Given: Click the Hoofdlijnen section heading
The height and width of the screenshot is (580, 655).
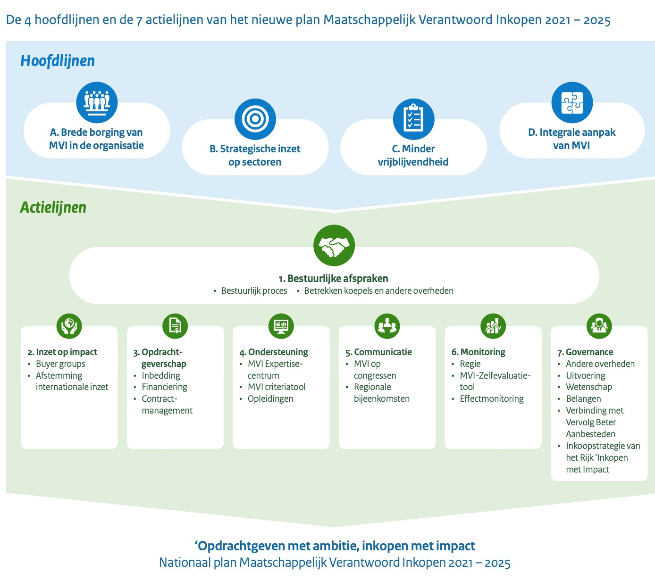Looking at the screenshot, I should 58,61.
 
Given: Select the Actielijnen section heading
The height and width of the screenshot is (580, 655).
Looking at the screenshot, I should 53,207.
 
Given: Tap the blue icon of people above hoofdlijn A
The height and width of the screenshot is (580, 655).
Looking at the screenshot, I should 97,102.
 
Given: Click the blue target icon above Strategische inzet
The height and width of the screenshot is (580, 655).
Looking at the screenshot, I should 255,119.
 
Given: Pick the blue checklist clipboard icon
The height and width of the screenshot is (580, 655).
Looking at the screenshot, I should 413,119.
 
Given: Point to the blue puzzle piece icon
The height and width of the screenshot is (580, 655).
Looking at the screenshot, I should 572,103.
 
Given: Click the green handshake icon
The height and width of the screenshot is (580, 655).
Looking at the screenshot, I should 334,246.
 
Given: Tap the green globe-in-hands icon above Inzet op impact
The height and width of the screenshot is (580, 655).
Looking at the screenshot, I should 69,325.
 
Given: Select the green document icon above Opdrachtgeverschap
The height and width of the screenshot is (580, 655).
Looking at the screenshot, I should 175,325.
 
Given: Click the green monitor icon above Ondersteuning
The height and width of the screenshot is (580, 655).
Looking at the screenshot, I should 281,325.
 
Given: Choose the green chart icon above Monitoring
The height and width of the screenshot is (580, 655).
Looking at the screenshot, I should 493,325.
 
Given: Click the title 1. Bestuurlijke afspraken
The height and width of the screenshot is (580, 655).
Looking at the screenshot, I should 333,279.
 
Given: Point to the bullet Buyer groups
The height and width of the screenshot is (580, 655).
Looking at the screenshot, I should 60,364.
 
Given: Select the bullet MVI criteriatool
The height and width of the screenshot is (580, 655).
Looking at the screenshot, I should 277,387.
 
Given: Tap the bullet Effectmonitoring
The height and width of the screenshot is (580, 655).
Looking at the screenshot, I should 492,399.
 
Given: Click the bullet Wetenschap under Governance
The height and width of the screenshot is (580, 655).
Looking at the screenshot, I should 589,387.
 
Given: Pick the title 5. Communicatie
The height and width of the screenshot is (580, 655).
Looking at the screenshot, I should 378,352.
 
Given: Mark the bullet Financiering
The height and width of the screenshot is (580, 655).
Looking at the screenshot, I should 164,387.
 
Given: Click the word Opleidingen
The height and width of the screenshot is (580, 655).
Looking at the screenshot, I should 270,399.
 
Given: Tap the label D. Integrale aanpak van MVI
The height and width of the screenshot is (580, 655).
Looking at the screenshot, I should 571,139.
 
